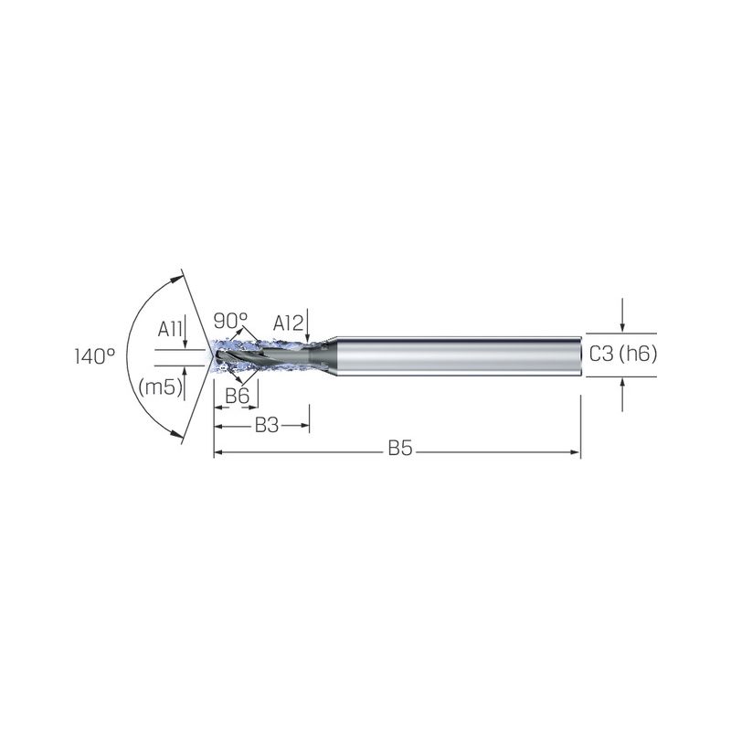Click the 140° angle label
pyautogui.click(x=95, y=356)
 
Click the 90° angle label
pyautogui.click(x=231, y=321)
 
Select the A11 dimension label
pyautogui.click(x=170, y=329)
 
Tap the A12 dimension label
pyautogui.click(x=288, y=323)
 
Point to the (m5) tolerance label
pyautogui.click(x=160, y=387)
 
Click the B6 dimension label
pyautogui.click(x=238, y=397)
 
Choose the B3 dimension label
pyautogui.click(x=267, y=425)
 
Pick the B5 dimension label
pyautogui.click(x=400, y=448)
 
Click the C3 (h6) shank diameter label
pyautogui.click(x=623, y=354)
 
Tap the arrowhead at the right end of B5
pyautogui.click(x=576, y=451)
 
